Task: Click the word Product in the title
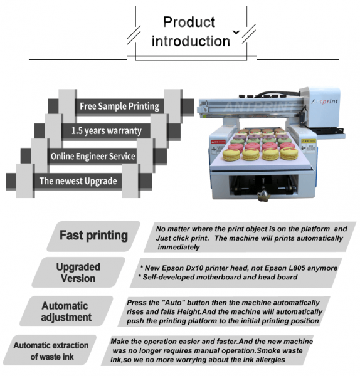189,23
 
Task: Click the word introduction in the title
191,41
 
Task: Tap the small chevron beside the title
236,31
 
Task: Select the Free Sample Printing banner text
119,106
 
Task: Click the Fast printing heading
93,236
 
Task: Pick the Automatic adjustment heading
65,311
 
